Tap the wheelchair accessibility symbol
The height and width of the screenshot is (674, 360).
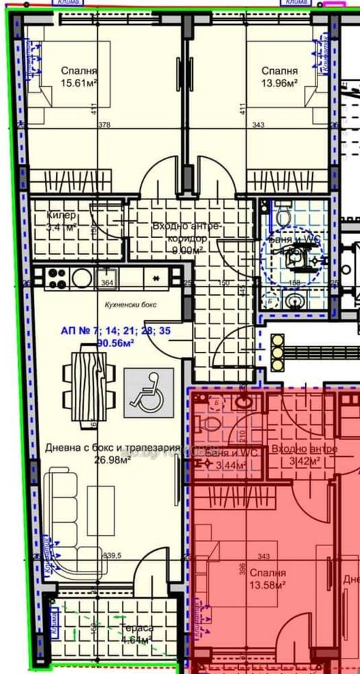click(x=148, y=393)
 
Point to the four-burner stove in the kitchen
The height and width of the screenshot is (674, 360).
click(x=55, y=277)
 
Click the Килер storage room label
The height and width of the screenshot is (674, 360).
click(x=61, y=216)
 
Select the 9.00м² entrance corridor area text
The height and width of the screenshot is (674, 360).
click(x=187, y=250)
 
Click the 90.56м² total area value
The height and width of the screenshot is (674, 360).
click(x=115, y=342)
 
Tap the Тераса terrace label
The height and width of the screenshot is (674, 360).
click(x=136, y=627)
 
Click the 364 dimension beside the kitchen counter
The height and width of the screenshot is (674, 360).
click(x=107, y=283)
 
